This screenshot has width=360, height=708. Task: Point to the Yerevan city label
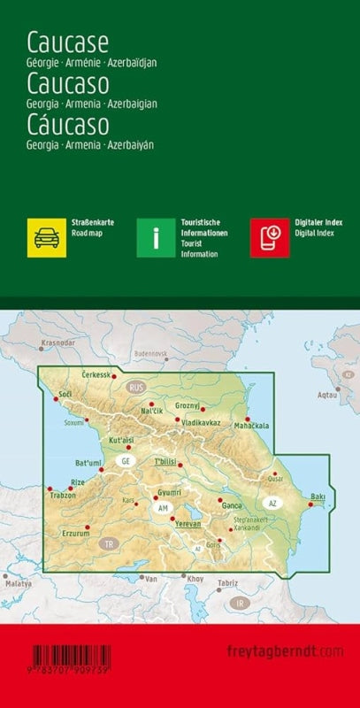(188, 523)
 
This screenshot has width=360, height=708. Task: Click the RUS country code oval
(135, 388)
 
